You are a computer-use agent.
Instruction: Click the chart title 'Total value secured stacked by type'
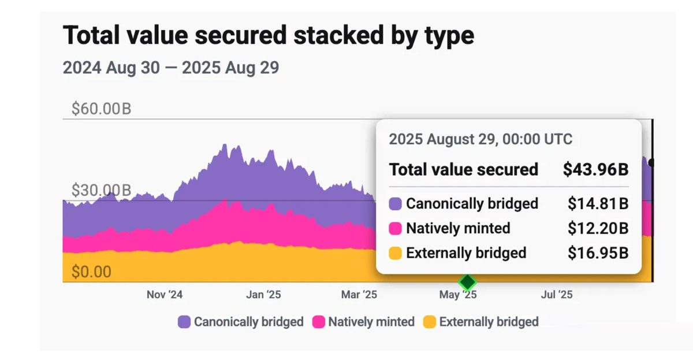(268, 36)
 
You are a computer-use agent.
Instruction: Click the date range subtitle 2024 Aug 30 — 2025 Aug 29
(170, 68)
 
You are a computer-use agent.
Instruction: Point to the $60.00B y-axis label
(101, 109)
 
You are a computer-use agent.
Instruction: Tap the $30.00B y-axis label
(101, 190)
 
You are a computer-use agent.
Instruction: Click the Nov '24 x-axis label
(165, 295)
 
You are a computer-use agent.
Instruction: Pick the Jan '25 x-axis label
(263, 295)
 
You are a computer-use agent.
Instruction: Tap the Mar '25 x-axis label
(359, 295)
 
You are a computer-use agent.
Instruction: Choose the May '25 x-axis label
(458, 295)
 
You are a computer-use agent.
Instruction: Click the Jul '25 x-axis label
(557, 295)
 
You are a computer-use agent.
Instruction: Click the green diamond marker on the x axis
(467, 283)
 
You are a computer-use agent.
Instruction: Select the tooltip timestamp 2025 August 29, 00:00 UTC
(480, 139)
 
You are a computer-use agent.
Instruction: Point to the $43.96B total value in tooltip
(595, 170)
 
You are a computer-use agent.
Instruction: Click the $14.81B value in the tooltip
(598, 203)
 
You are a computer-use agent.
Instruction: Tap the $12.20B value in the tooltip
(598, 228)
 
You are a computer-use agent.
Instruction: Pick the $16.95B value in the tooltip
(598, 253)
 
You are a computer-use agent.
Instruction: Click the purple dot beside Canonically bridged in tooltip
(396, 204)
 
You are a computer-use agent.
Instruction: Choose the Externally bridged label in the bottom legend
(489, 322)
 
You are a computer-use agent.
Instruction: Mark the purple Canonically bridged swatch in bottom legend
(184, 322)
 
